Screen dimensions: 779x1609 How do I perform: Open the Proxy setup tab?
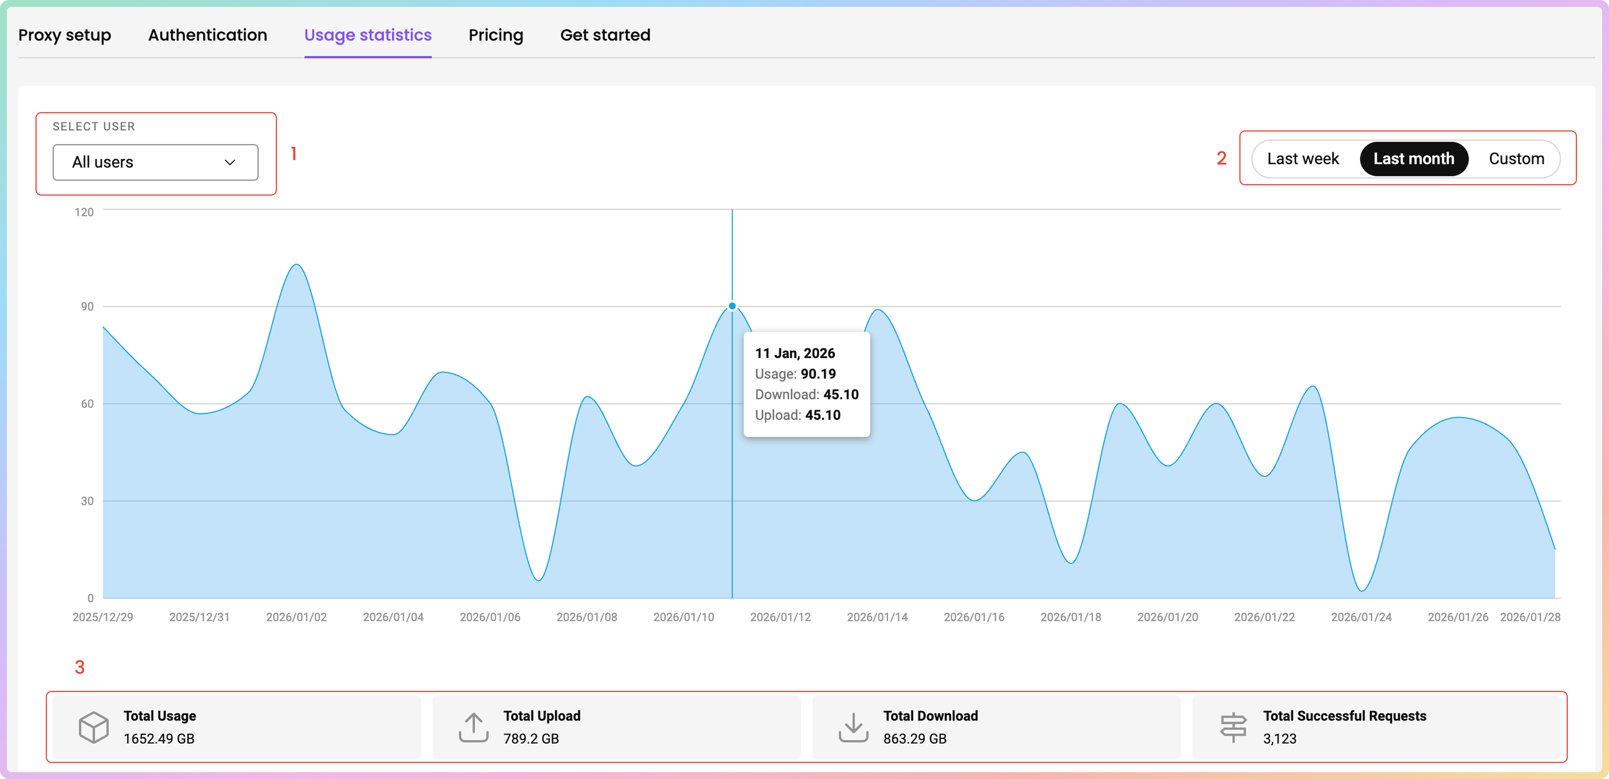click(x=64, y=35)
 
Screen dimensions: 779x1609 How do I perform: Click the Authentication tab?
click(x=207, y=35)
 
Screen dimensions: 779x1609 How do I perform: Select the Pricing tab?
click(x=495, y=35)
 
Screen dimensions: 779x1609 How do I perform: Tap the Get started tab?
click(x=605, y=35)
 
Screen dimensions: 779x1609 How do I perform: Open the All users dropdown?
click(x=155, y=162)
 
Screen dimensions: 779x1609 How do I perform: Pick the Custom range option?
click(x=1516, y=158)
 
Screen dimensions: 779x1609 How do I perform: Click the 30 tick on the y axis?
click(x=87, y=501)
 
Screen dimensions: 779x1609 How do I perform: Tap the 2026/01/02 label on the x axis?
click(x=296, y=617)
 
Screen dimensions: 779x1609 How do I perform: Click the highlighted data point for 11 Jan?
click(x=732, y=306)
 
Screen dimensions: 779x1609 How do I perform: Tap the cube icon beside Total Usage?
click(x=94, y=727)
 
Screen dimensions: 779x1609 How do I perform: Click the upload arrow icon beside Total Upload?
click(x=473, y=727)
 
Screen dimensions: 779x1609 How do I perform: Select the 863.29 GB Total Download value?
click(x=914, y=738)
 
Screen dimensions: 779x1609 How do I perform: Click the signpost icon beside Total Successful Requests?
click(x=1233, y=727)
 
